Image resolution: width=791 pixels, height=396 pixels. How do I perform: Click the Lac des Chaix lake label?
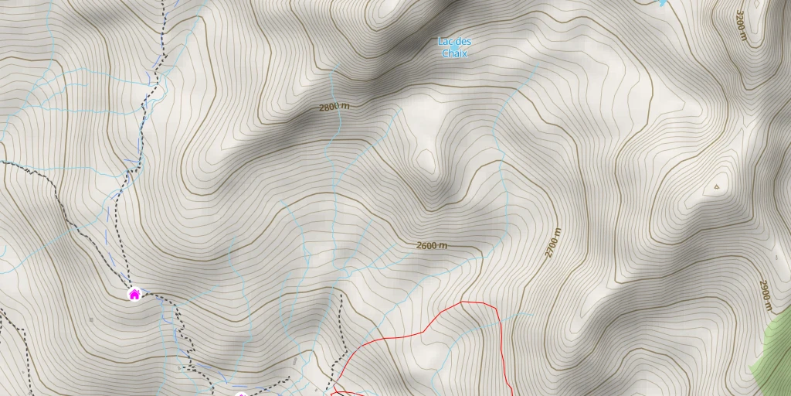(454, 47)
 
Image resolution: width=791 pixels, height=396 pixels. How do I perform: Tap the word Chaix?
(454, 53)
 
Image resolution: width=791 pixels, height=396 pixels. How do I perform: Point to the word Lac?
(445, 42)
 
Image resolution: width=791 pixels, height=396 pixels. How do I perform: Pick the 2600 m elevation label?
(432, 246)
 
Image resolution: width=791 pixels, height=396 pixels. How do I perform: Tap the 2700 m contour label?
(552, 242)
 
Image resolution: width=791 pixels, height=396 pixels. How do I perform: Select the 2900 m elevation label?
(765, 295)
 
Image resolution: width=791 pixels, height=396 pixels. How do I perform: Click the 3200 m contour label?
(741, 27)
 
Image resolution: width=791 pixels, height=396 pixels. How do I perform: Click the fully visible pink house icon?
(134, 294)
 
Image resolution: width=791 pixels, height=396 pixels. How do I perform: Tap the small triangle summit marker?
(717, 186)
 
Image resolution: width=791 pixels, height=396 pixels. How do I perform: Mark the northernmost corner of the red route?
(462, 302)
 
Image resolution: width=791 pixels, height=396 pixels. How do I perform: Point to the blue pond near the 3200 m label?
(661, 3)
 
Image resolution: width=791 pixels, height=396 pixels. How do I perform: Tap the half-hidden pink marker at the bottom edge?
(241, 394)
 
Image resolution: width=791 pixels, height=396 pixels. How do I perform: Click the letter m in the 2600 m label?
(443, 246)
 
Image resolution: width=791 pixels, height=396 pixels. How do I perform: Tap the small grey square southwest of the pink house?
(92, 319)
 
